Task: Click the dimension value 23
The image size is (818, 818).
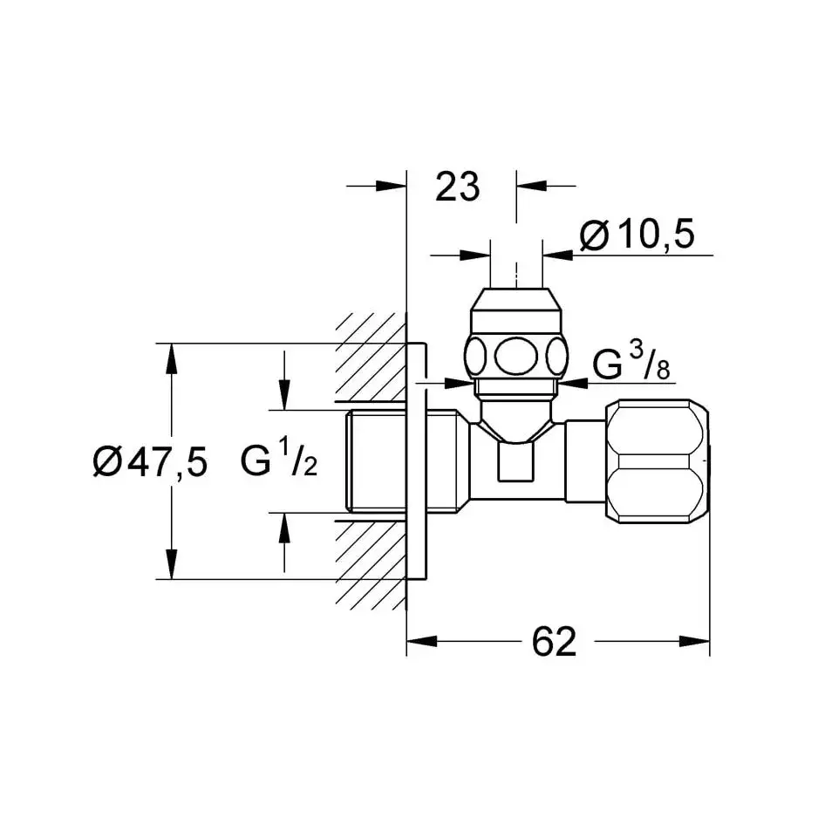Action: click(x=458, y=187)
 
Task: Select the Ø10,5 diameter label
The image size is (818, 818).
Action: click(x=637, y=235)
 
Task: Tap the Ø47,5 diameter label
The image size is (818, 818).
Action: click(x=150, y=461)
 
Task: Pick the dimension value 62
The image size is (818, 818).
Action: click(x=554, y=642)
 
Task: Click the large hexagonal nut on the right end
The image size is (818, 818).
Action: click(x=658, y=461)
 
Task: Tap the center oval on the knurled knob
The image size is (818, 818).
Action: click(x=516, y=357)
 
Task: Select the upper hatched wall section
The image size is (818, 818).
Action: click(x=371, y=358)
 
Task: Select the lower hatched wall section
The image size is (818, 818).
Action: click(x=371, y=565)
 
